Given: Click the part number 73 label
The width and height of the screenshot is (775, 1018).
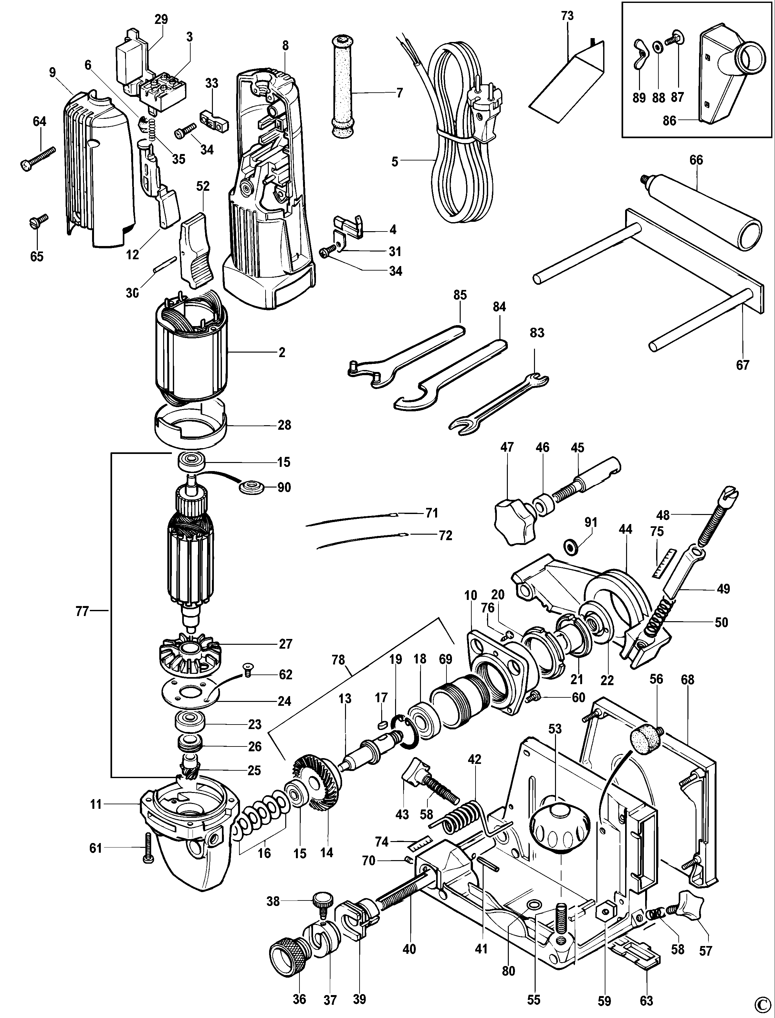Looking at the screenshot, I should (567, 16).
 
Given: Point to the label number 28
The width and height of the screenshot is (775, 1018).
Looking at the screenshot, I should (284, 425).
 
